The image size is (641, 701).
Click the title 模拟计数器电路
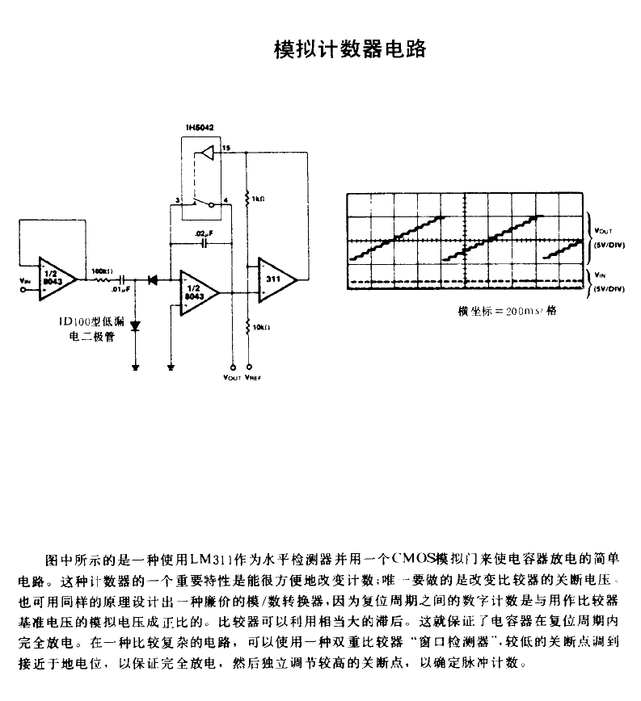[x=348, y=49]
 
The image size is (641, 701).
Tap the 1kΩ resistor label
[x=259, y=198]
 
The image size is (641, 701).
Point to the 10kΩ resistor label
[x=259, y=328]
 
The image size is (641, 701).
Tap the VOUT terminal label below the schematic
[x=231, y=377]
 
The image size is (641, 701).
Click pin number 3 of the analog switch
[x=176, y=199]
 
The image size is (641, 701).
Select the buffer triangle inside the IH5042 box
[x=207, y=151]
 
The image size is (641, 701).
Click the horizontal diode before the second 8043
[x=151, y=279]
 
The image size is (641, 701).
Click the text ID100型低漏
[x=95, y=324]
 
